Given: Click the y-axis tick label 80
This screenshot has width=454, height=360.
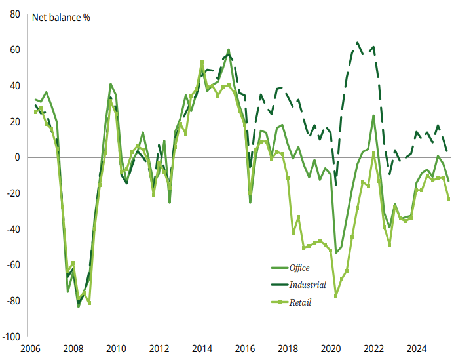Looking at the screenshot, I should pyautogui.click(x=14, y=14).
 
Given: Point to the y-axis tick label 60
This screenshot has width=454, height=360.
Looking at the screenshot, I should pyautogui.click(x=14, y=50).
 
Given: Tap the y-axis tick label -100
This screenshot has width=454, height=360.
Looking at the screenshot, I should pyautogui.click(x=11, y=336).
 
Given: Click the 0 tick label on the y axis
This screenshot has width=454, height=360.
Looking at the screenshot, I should pyautogui.click(x=18, y=157).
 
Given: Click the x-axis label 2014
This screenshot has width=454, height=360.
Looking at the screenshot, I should pyautogui.click(x=202, y=349).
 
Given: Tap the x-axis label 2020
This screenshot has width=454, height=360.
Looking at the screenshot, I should pyautogui.click(x=331, y=349).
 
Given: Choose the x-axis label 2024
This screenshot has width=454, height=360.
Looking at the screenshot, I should pyautogui.click(x=417, y=349).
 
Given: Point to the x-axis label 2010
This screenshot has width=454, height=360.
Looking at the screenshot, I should pyautogui.click(x=117, y=349).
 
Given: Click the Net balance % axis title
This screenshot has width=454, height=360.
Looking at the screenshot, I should pyautogui.click(x=62, y=18).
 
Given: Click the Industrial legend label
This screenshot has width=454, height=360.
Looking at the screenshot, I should pyautogui.click(x=307, y=285).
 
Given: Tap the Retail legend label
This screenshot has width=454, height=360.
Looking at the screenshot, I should pyautogui.click(x=300, y=302).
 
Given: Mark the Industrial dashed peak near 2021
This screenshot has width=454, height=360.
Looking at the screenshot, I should pyautogui.click(x=358, y=43).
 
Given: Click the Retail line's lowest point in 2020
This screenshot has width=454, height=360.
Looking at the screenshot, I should pyautogui.click(x=336, y=296).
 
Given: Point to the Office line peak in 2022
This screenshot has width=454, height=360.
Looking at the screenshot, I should pyautogui.click(x=373, y=116).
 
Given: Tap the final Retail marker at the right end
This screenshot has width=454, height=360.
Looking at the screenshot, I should pyautogui.click(x=449, y=199).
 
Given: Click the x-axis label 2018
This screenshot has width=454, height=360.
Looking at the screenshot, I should pyautogui.click(x=288, y=349).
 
